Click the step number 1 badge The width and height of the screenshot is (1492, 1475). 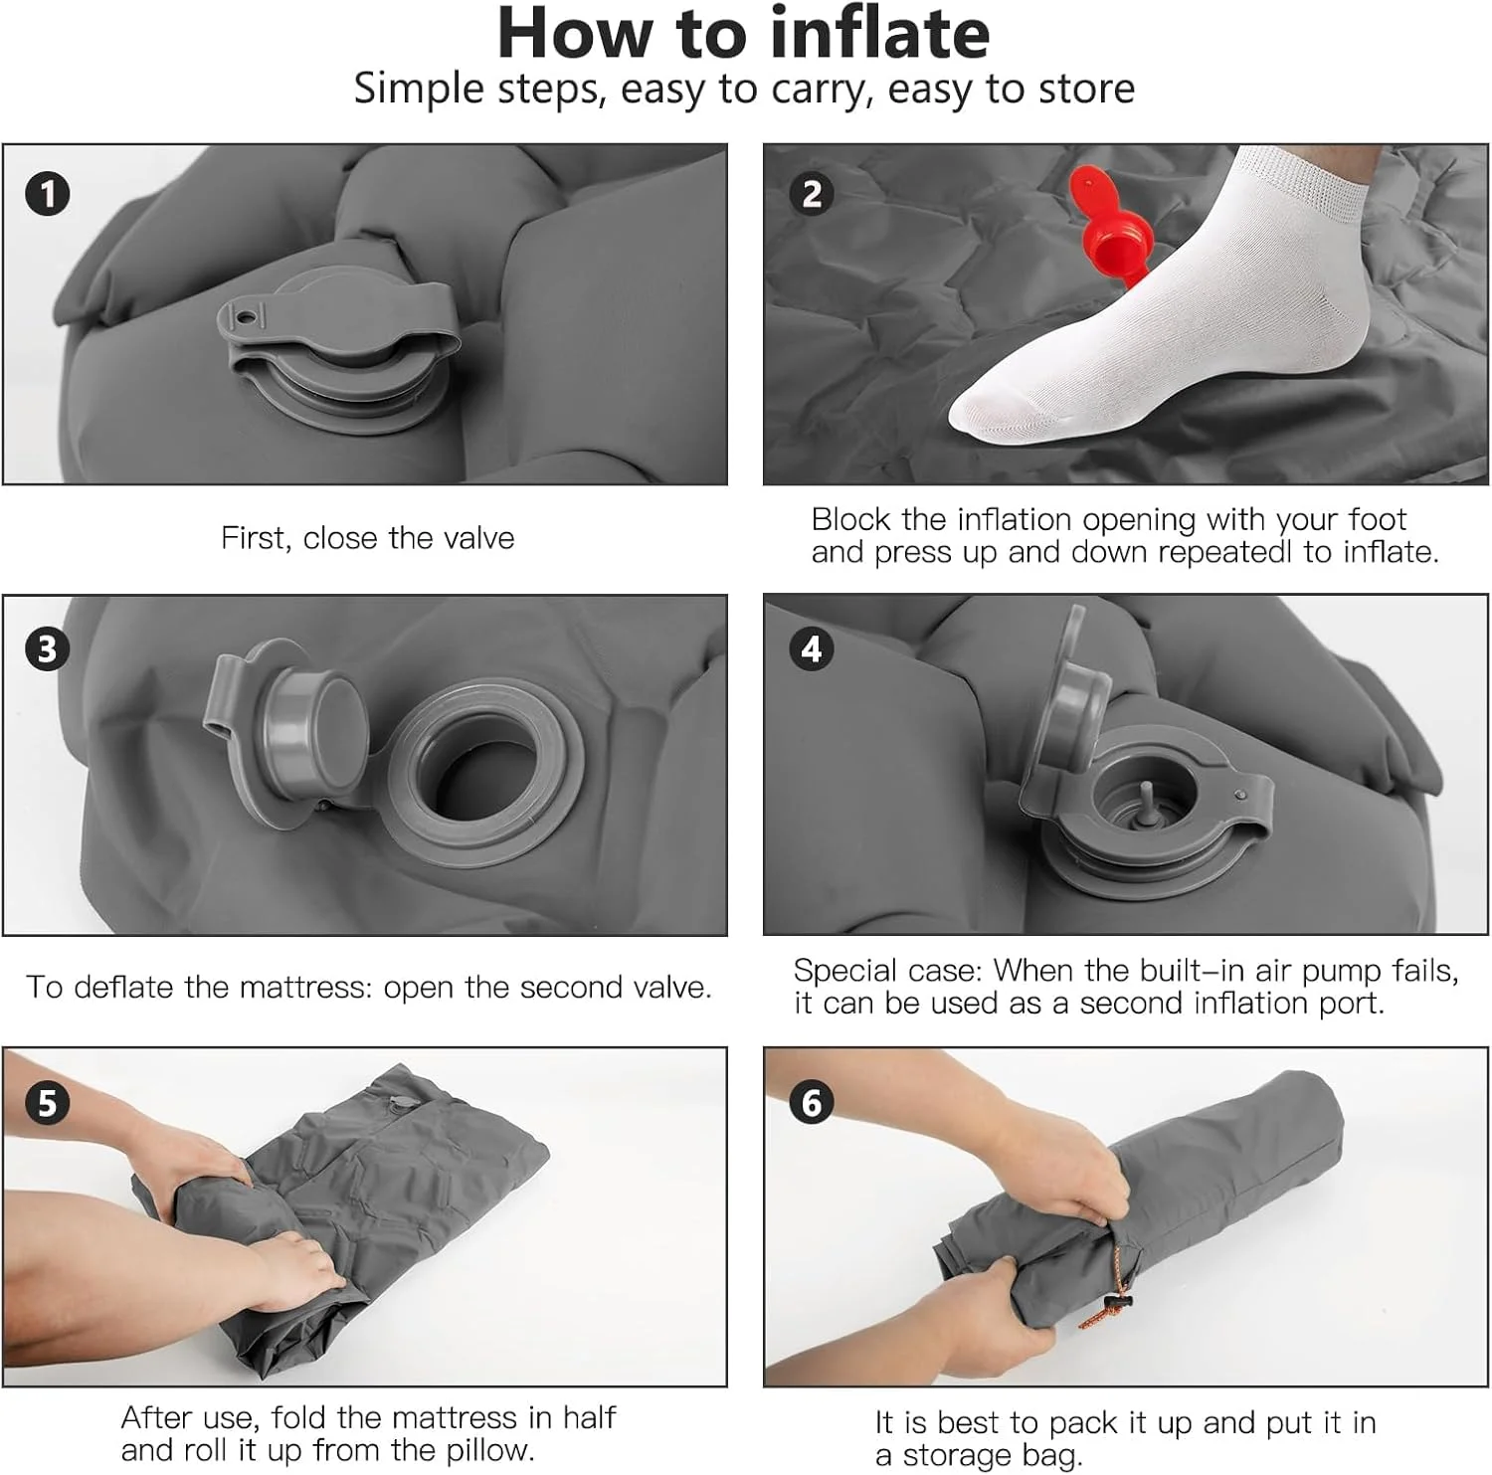click(47, 193)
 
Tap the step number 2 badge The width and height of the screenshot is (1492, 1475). click(812, 193)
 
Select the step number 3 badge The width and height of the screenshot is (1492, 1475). click(47, 648)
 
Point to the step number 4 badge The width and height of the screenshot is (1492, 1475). click(812, 648)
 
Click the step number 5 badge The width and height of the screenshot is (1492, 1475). click(47, 1102)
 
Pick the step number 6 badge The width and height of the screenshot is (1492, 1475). click(812, 1102)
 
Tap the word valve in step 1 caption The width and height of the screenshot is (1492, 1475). click(479, 538)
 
